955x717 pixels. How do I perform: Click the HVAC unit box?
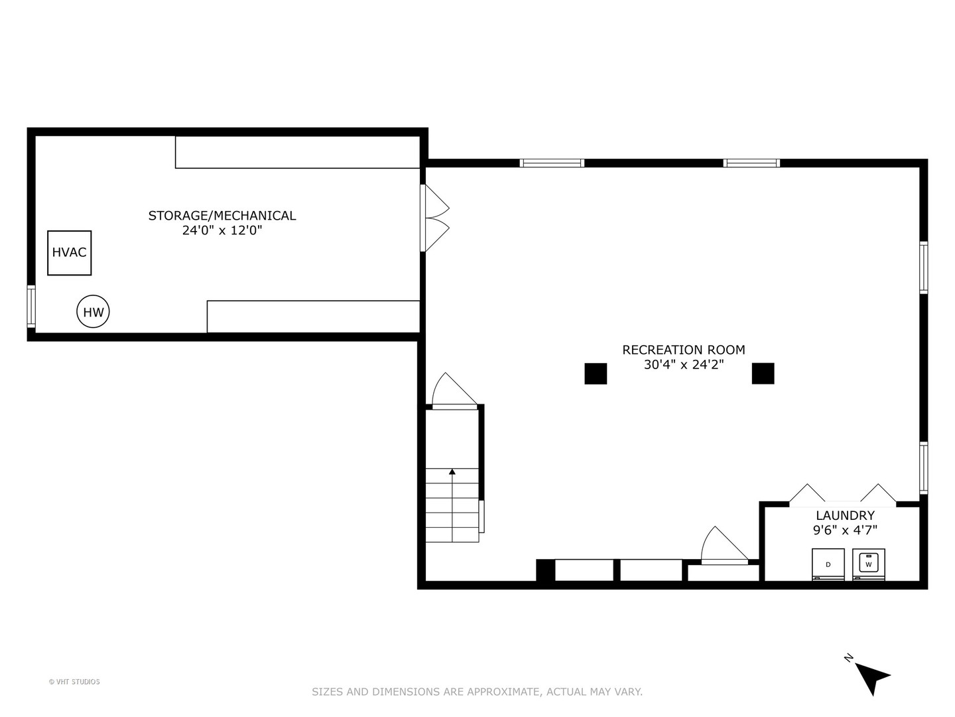(69, 252)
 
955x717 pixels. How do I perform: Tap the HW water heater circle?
(93, 311)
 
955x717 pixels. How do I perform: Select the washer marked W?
(868, 564)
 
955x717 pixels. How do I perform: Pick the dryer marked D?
(828, 564)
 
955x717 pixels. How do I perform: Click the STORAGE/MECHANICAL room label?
(222, 215)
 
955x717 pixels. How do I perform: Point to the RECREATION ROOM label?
(683, 349)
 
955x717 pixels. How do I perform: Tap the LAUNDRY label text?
(845, 515)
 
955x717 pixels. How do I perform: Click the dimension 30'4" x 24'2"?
(683, 364)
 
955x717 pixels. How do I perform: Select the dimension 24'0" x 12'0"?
(222, 230)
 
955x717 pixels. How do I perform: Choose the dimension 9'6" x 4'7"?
(845, 530)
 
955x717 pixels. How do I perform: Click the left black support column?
(596, 373)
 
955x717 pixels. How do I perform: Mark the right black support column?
(763, 373)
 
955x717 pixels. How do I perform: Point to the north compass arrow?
(871, 678)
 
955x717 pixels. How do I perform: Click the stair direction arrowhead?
(452, 472)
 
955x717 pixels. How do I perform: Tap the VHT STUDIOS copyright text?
(74, 682)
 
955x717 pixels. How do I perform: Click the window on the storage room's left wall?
(31, 305)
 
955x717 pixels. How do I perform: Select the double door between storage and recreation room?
(434, 218)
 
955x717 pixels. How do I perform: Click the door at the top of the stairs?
(454, 392)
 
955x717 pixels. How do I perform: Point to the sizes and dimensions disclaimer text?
(477, 692)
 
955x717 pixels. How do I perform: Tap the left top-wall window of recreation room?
(551, 163)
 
